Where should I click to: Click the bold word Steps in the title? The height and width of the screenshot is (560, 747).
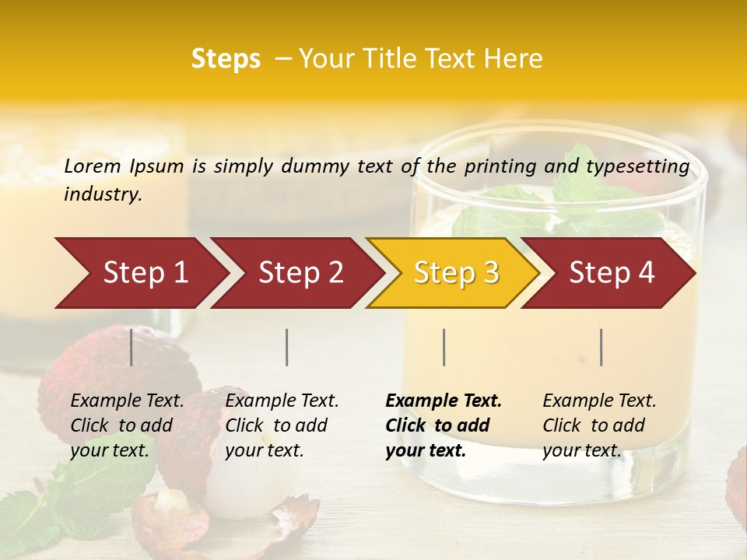(x=226, y=59)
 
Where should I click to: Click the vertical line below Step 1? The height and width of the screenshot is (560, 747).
(x=132, y=347)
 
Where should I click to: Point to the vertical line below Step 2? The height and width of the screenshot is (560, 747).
(x=287, y=347)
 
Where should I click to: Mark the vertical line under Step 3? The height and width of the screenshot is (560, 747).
(x=444, y=347)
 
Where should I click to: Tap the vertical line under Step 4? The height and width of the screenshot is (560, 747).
(x=601, y=347)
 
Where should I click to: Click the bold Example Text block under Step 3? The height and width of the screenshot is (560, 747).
(x=444, y=425)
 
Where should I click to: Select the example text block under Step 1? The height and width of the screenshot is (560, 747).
(x=127, y=425)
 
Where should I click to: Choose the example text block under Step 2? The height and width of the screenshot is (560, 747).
(x=282, y=425)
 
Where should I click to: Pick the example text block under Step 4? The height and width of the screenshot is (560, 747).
(x=599, y=425)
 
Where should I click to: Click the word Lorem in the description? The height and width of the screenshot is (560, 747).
(x=93, y=166)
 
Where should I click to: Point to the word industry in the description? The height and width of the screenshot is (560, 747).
(x=103, y=194)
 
